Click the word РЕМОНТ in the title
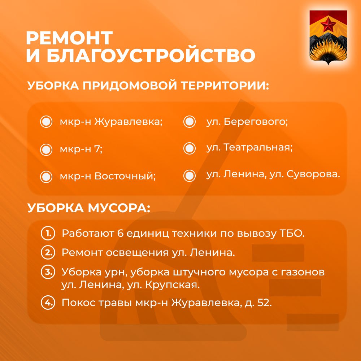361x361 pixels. point(69,38)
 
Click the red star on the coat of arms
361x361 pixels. point(328,25)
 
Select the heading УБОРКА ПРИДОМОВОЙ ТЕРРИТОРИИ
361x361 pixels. point(148,86)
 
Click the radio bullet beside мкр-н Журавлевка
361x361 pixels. point(46,122)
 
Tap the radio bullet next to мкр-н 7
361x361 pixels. point(46,150)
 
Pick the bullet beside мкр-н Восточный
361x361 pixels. point(46,177)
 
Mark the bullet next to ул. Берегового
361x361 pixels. point(190,122)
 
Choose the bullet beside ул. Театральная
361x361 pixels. point(190,148)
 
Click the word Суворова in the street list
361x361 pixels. point(313,174)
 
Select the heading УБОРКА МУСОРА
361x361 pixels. point(89,208)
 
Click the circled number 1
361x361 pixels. point(48,233)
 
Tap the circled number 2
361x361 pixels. point(48,253)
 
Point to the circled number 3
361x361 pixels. point(48,272)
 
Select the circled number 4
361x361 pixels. point(48,302)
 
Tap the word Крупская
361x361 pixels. point(173,285)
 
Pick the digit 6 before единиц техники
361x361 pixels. point(121,234)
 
